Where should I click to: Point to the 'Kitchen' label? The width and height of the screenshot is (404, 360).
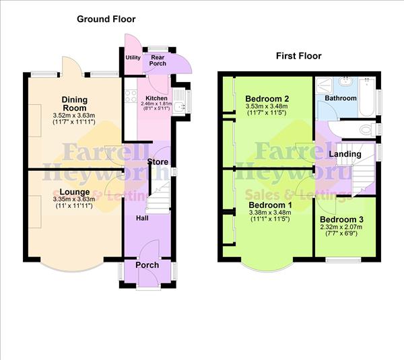coord(156,98)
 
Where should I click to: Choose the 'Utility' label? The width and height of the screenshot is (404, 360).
coord(133,57)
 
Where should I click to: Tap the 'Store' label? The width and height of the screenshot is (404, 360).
coord(158,162)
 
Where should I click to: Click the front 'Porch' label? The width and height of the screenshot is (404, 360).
coord(147,264)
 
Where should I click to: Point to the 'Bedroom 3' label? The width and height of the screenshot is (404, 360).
coord(341,219)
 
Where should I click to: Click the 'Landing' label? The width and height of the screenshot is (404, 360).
coord(344,154)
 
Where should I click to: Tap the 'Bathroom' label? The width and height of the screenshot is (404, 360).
coord(340,99)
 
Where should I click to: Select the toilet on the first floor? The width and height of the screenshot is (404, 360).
coord(367,129)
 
